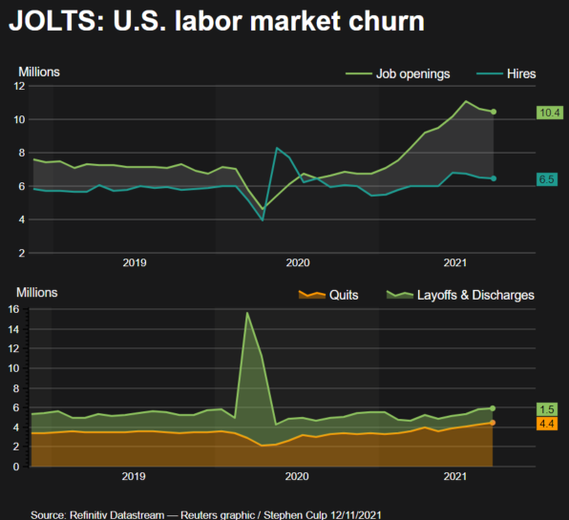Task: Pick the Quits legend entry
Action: point(343,295)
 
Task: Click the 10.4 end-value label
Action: point(549,113)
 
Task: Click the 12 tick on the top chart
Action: point(19,86)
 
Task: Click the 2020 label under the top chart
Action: point(298,261)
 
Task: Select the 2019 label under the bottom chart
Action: point(135,475)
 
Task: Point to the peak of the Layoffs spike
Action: point(248,313)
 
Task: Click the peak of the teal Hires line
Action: point(277,148)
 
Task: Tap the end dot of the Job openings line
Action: point(494,112)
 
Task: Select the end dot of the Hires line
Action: point(494,178)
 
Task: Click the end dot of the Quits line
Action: point(494,422)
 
